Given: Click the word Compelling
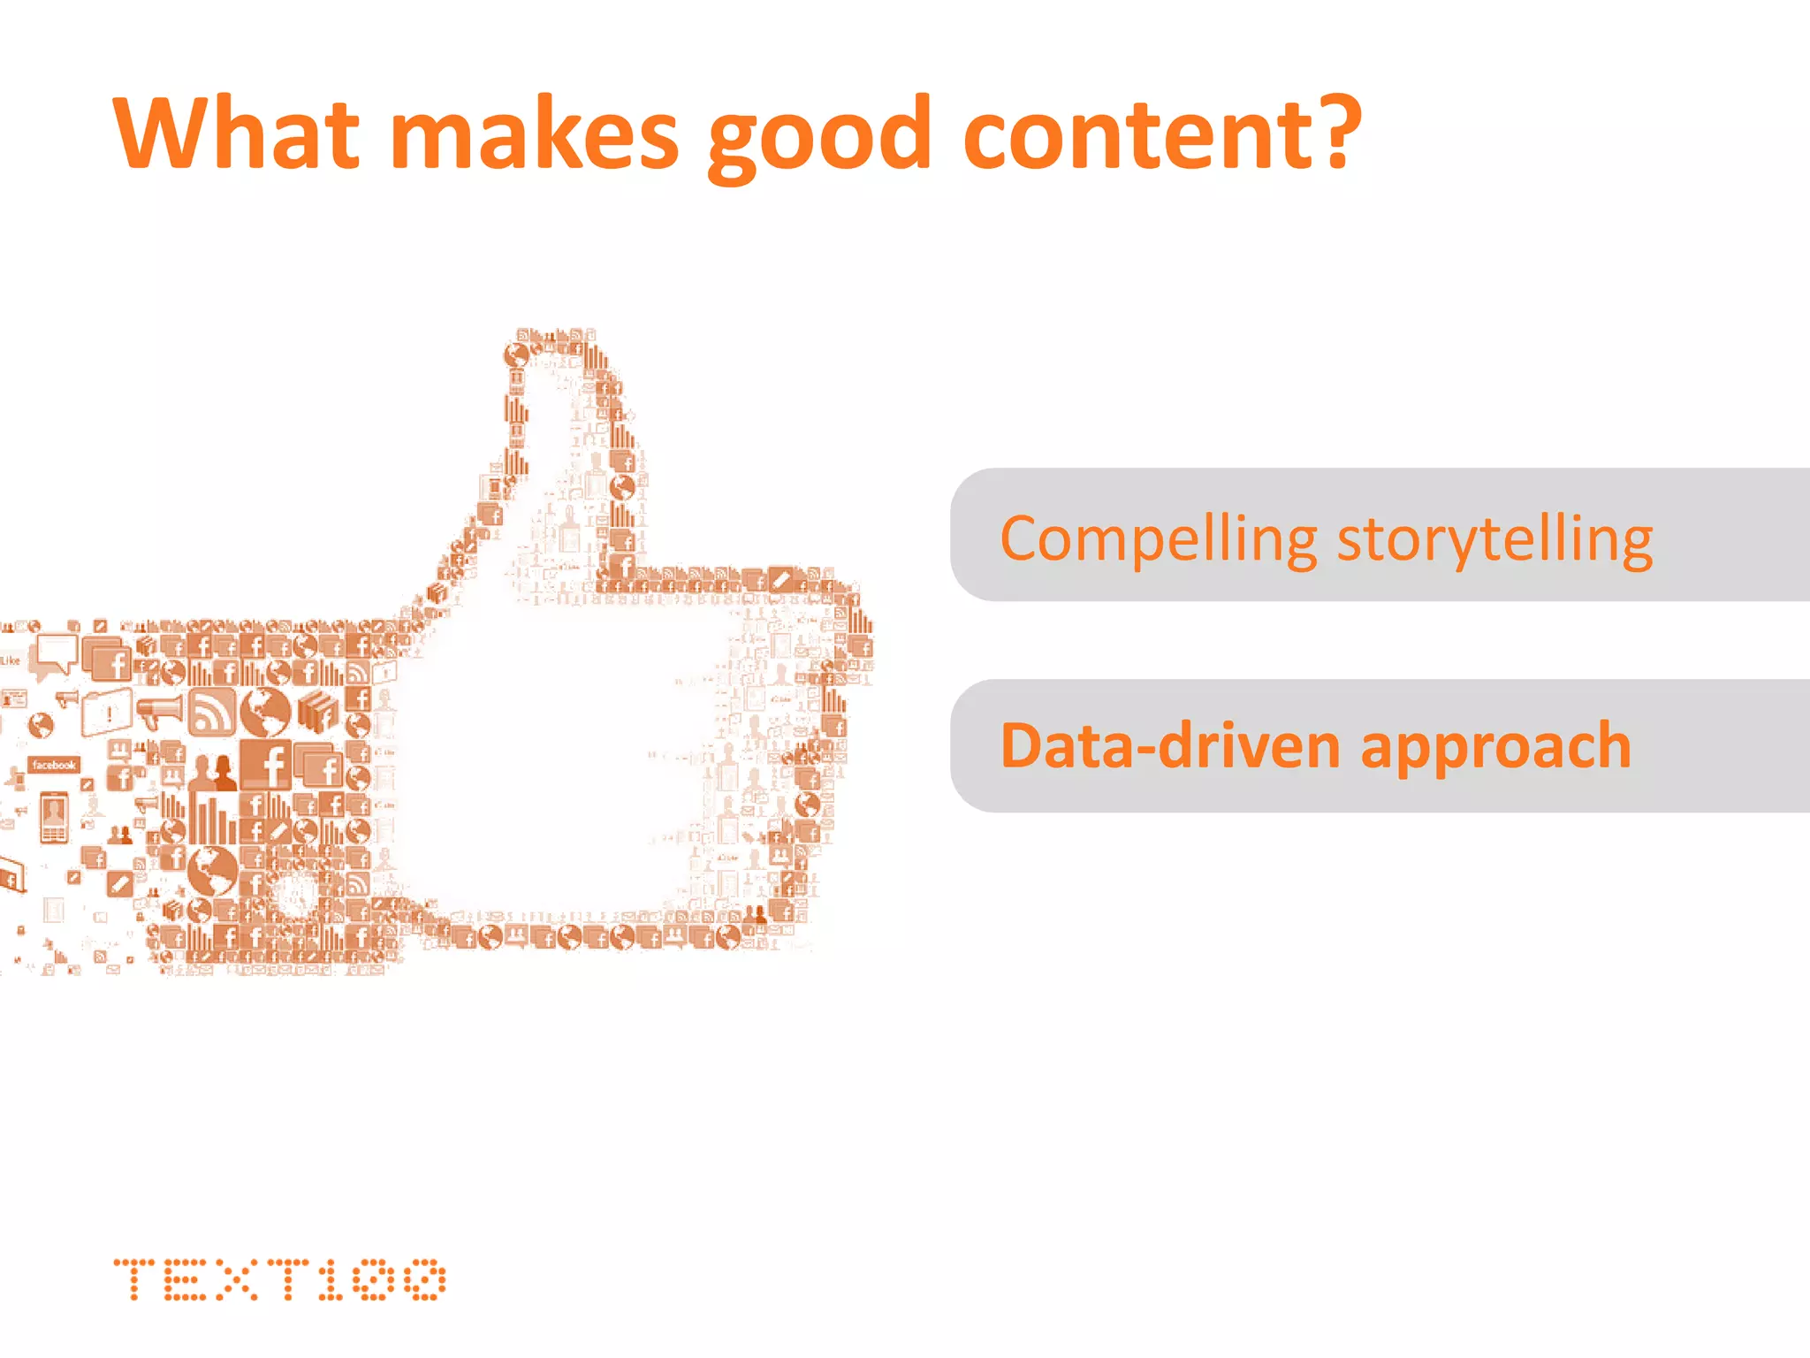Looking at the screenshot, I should coord(1158,539).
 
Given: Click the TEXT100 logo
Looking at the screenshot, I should coord(279,1279).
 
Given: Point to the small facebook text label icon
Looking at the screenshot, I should coord(54,765).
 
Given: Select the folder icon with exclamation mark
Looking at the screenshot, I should coord(106,712).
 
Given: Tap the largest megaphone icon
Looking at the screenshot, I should coord(161,710).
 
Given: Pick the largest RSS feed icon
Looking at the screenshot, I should coord(212,713).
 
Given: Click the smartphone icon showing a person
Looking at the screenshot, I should coord(54,818).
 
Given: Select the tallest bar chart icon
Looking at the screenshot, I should coord(211,818).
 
